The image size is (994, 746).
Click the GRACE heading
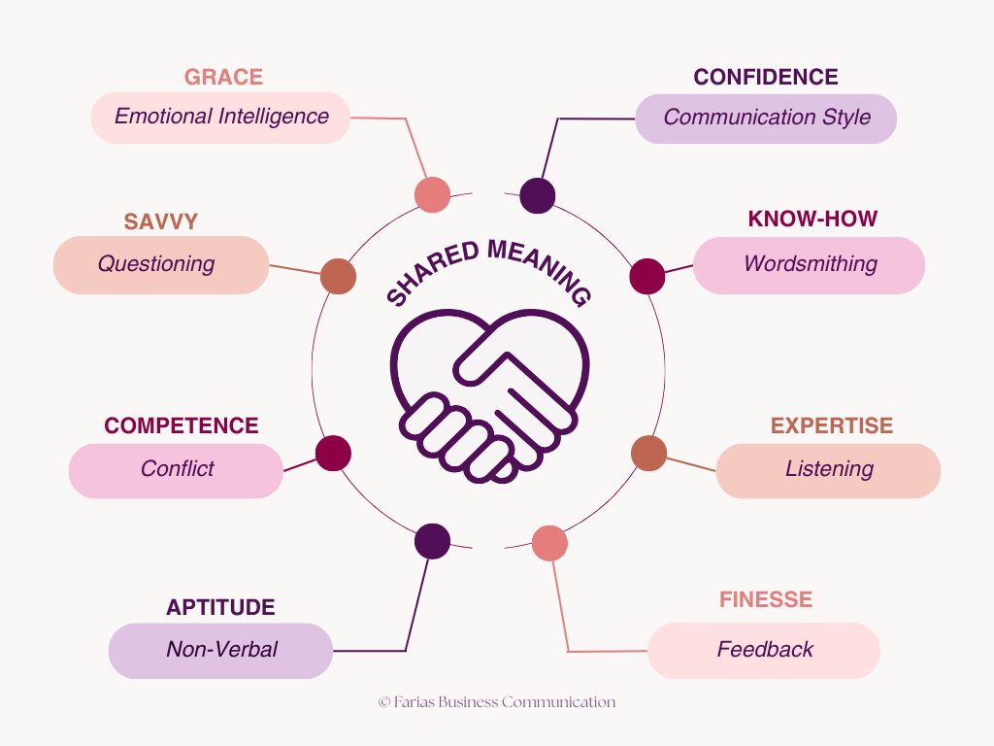pyautogui.click(x=223, y=77)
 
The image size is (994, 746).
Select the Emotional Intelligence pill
pyautogui.click(x=220, y=118)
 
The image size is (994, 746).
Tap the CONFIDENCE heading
pyautogui.click(x=766, y=77)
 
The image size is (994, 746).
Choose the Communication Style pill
pyautogui.click(x=766, y=119)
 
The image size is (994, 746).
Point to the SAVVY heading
pyautogui.click(x=161, y=221)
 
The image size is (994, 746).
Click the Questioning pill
pyautogui.click(x=161, y=264)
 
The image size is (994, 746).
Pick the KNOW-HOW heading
pyautogui.click(x=812, y=219)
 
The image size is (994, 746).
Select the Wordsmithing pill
pyautogui.click(x=809, y=265)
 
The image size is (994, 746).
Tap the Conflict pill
pyautogui.click(x=176, y=471)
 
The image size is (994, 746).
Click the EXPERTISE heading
pyautogui.click(x=832, y=425)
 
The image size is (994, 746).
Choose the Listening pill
pyautogui.click(x=828, y=471)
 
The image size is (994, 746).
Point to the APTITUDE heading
pyautogui.click(x=220, y=607)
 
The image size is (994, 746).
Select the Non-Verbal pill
pyautogui.click(x=220, y=651)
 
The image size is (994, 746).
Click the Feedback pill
pyautogui.click(x=764, y=651)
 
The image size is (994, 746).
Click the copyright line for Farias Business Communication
pyautogui.click(x=496, y=702)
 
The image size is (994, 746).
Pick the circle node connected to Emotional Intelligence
pyautogui.click(x=432, y=194)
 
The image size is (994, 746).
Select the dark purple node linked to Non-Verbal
pyautogui.click(x=432, y=541)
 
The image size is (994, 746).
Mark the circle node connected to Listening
pyautogui.click(x=648, y=453)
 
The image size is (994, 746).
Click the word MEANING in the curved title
pyautogui.click(x=540, y=270)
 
